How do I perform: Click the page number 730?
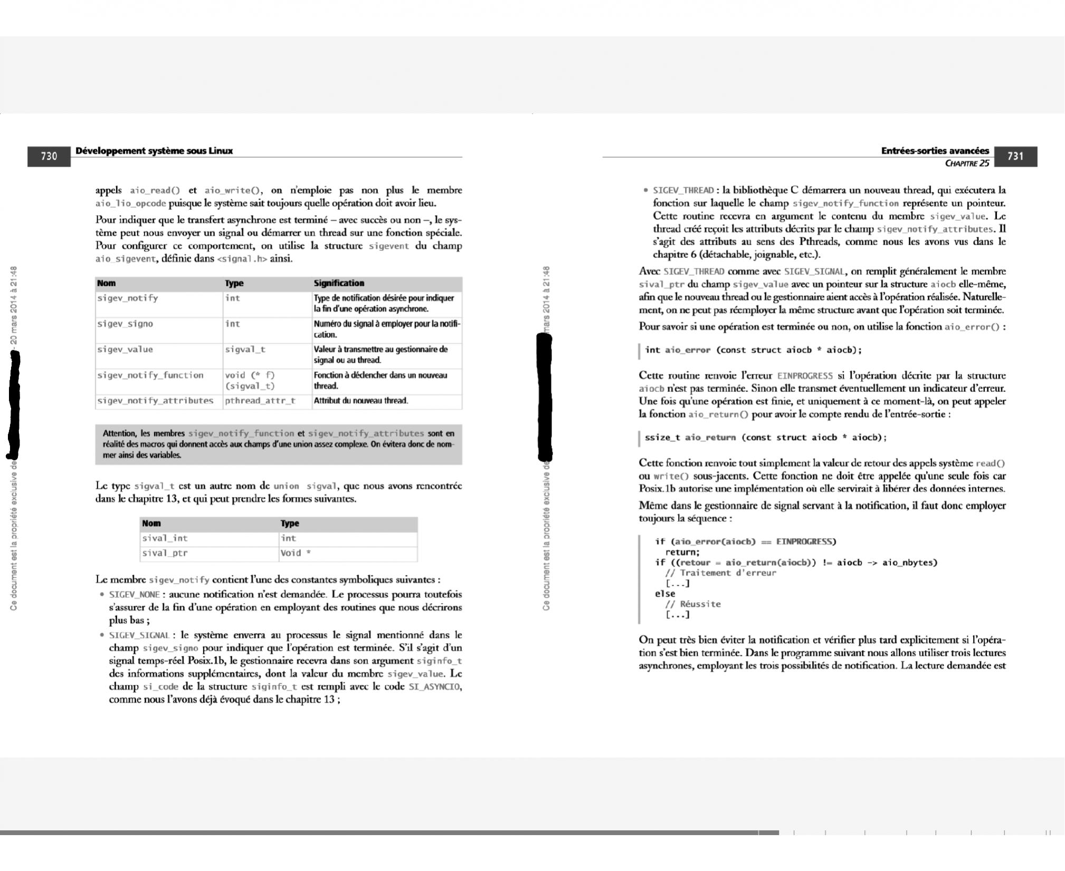(49, 156)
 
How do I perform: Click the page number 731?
(1015, 156)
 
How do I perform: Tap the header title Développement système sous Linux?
(154, 151)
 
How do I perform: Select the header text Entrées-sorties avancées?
(935, 151)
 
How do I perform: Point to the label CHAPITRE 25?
(967, 163)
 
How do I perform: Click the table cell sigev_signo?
(125, 324)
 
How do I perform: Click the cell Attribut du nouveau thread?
(361, 401)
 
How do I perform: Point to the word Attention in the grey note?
(119, 434)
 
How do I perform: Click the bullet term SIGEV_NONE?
(134, 595)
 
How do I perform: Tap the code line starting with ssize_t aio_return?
(765, 437)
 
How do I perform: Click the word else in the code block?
(665, 594)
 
